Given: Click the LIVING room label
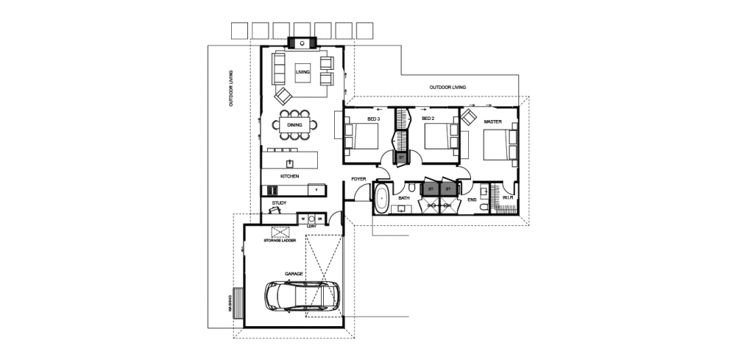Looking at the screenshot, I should tap(302, 72).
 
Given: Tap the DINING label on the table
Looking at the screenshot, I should tap(294, 126).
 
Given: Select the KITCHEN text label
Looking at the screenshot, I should tap(289, 177).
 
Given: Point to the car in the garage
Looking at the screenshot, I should tap(302, 296).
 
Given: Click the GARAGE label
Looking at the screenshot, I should tap(294, 273).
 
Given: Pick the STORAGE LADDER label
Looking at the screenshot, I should tap(279, 240).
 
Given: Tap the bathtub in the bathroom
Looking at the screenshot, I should tap(382, 199).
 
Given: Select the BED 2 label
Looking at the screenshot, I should tap(428, 119).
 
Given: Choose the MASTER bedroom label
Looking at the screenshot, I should tap(492, 121).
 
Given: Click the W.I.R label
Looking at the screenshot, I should tap(507, 198).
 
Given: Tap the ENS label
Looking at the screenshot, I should tap(472, 198).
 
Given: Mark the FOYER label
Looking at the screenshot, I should tap(358, 179).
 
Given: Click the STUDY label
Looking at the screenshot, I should tap(279, 202).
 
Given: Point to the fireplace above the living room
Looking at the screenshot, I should tap(302, 42).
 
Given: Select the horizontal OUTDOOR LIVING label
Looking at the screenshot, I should tap(447, 88).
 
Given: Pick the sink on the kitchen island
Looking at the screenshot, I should tap(290, 162).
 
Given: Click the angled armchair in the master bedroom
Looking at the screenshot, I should tap(469, 117).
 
